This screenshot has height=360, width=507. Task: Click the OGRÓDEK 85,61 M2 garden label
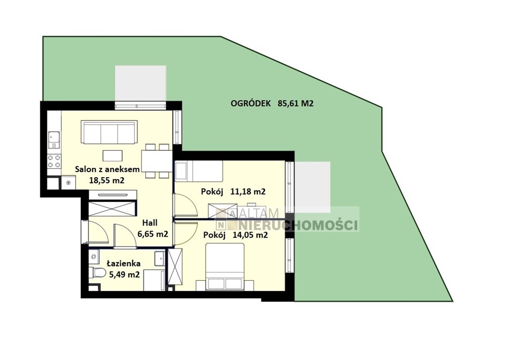coord(272,104)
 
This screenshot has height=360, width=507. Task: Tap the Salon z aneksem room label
coord(107,169)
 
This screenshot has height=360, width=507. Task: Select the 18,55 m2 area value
coord(107,180)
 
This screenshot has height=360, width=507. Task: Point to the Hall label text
coord(150,223)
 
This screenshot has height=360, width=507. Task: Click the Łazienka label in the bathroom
coord(124,263)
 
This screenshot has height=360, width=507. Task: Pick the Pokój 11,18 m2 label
coord(233,192)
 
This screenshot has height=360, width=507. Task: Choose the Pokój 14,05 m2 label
coord(235,235)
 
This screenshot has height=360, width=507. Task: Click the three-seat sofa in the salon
coord(109,132)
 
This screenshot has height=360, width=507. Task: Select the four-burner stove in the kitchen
coord(54,161)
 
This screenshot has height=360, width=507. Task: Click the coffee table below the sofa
coord(112,156)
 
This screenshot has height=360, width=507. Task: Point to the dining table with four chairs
coord(157,161)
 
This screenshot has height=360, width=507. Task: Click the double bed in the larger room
coord(225,267)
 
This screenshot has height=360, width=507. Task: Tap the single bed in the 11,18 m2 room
coord(199,171)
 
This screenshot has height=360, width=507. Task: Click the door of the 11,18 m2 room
coord(185,205)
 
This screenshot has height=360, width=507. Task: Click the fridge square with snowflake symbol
coord(68,182)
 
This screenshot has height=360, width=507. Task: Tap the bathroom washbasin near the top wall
coord(160,259)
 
